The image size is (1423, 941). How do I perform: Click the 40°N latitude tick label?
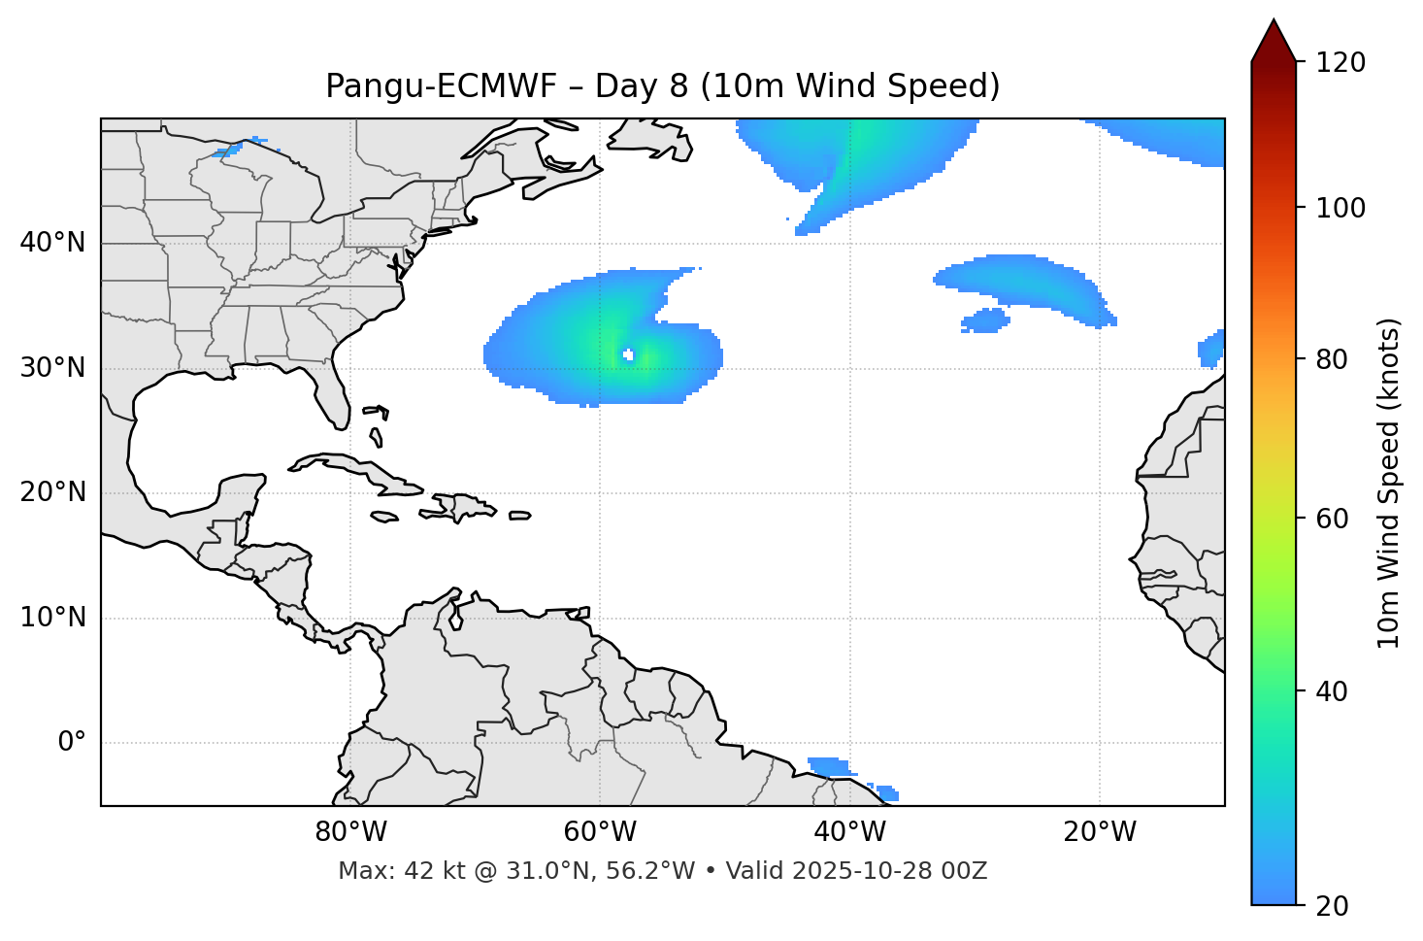52,243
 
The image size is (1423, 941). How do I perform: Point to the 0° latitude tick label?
72,743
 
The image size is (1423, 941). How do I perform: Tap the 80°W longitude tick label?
350,832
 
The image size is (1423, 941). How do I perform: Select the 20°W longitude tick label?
1100,832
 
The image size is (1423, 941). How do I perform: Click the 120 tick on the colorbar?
1340,63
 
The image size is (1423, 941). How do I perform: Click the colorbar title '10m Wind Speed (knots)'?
1389,483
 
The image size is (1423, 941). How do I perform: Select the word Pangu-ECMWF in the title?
441,86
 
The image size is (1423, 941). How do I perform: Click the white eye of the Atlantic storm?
628,354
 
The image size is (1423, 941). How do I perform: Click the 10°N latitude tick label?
52,618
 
